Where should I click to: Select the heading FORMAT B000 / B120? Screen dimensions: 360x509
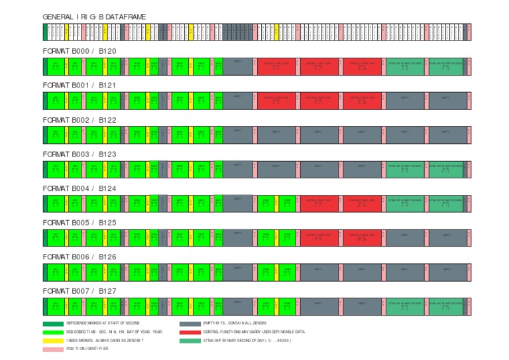click(79, 51)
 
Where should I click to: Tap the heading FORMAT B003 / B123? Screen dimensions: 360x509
click(79, 154)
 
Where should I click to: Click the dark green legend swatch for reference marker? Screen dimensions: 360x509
click(53, 323)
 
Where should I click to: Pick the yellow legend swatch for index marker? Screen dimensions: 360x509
click(53, 340)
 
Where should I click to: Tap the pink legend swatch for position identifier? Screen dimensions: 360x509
click(53, 349)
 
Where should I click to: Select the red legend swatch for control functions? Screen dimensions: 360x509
click(190, 331)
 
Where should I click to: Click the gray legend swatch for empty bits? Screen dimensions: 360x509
click(190, 323)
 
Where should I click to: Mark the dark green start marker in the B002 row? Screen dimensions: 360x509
click(45, 135)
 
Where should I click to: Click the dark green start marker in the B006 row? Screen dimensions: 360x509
click(45, 271)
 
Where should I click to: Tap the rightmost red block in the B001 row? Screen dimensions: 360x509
click(361, 100)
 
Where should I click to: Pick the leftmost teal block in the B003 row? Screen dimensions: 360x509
click(404, 169)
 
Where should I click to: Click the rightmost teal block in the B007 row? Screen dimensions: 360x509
click(445, 306)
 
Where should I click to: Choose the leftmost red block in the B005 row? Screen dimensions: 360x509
click(318, 237)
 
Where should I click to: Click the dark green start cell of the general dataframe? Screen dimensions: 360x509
click(45, 32)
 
